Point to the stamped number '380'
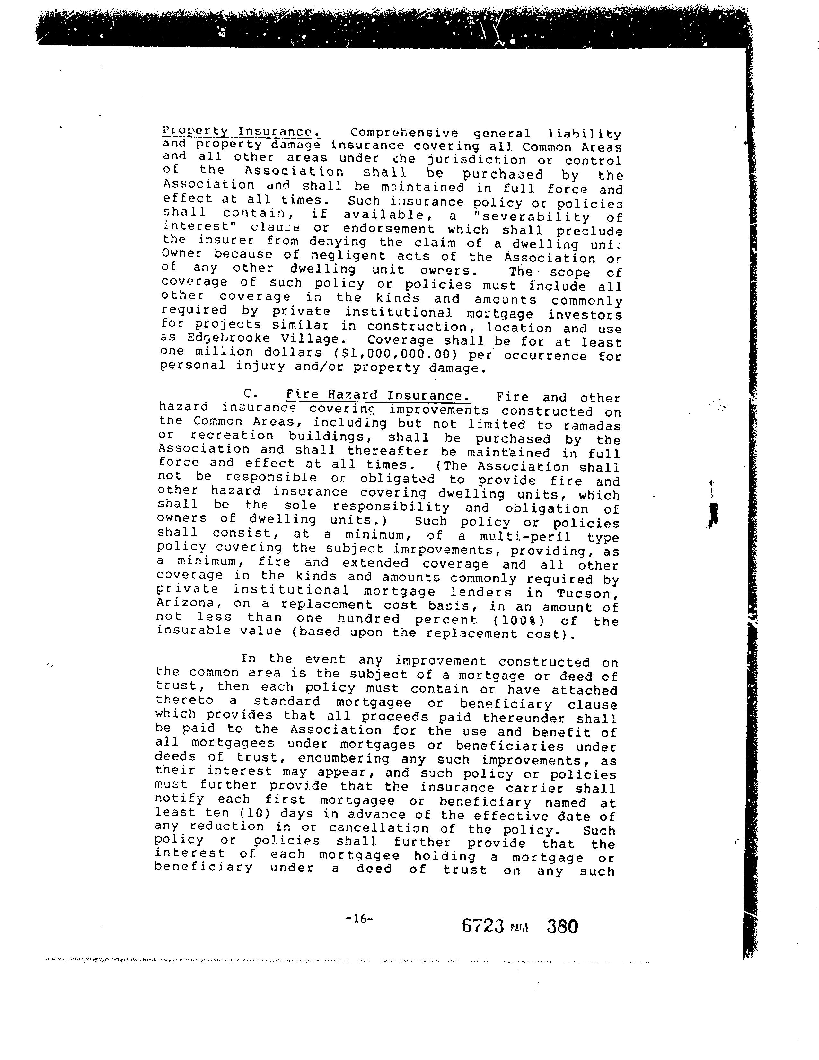[562, 926]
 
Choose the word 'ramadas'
[591, 426]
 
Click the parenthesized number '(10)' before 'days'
[242, 813]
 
